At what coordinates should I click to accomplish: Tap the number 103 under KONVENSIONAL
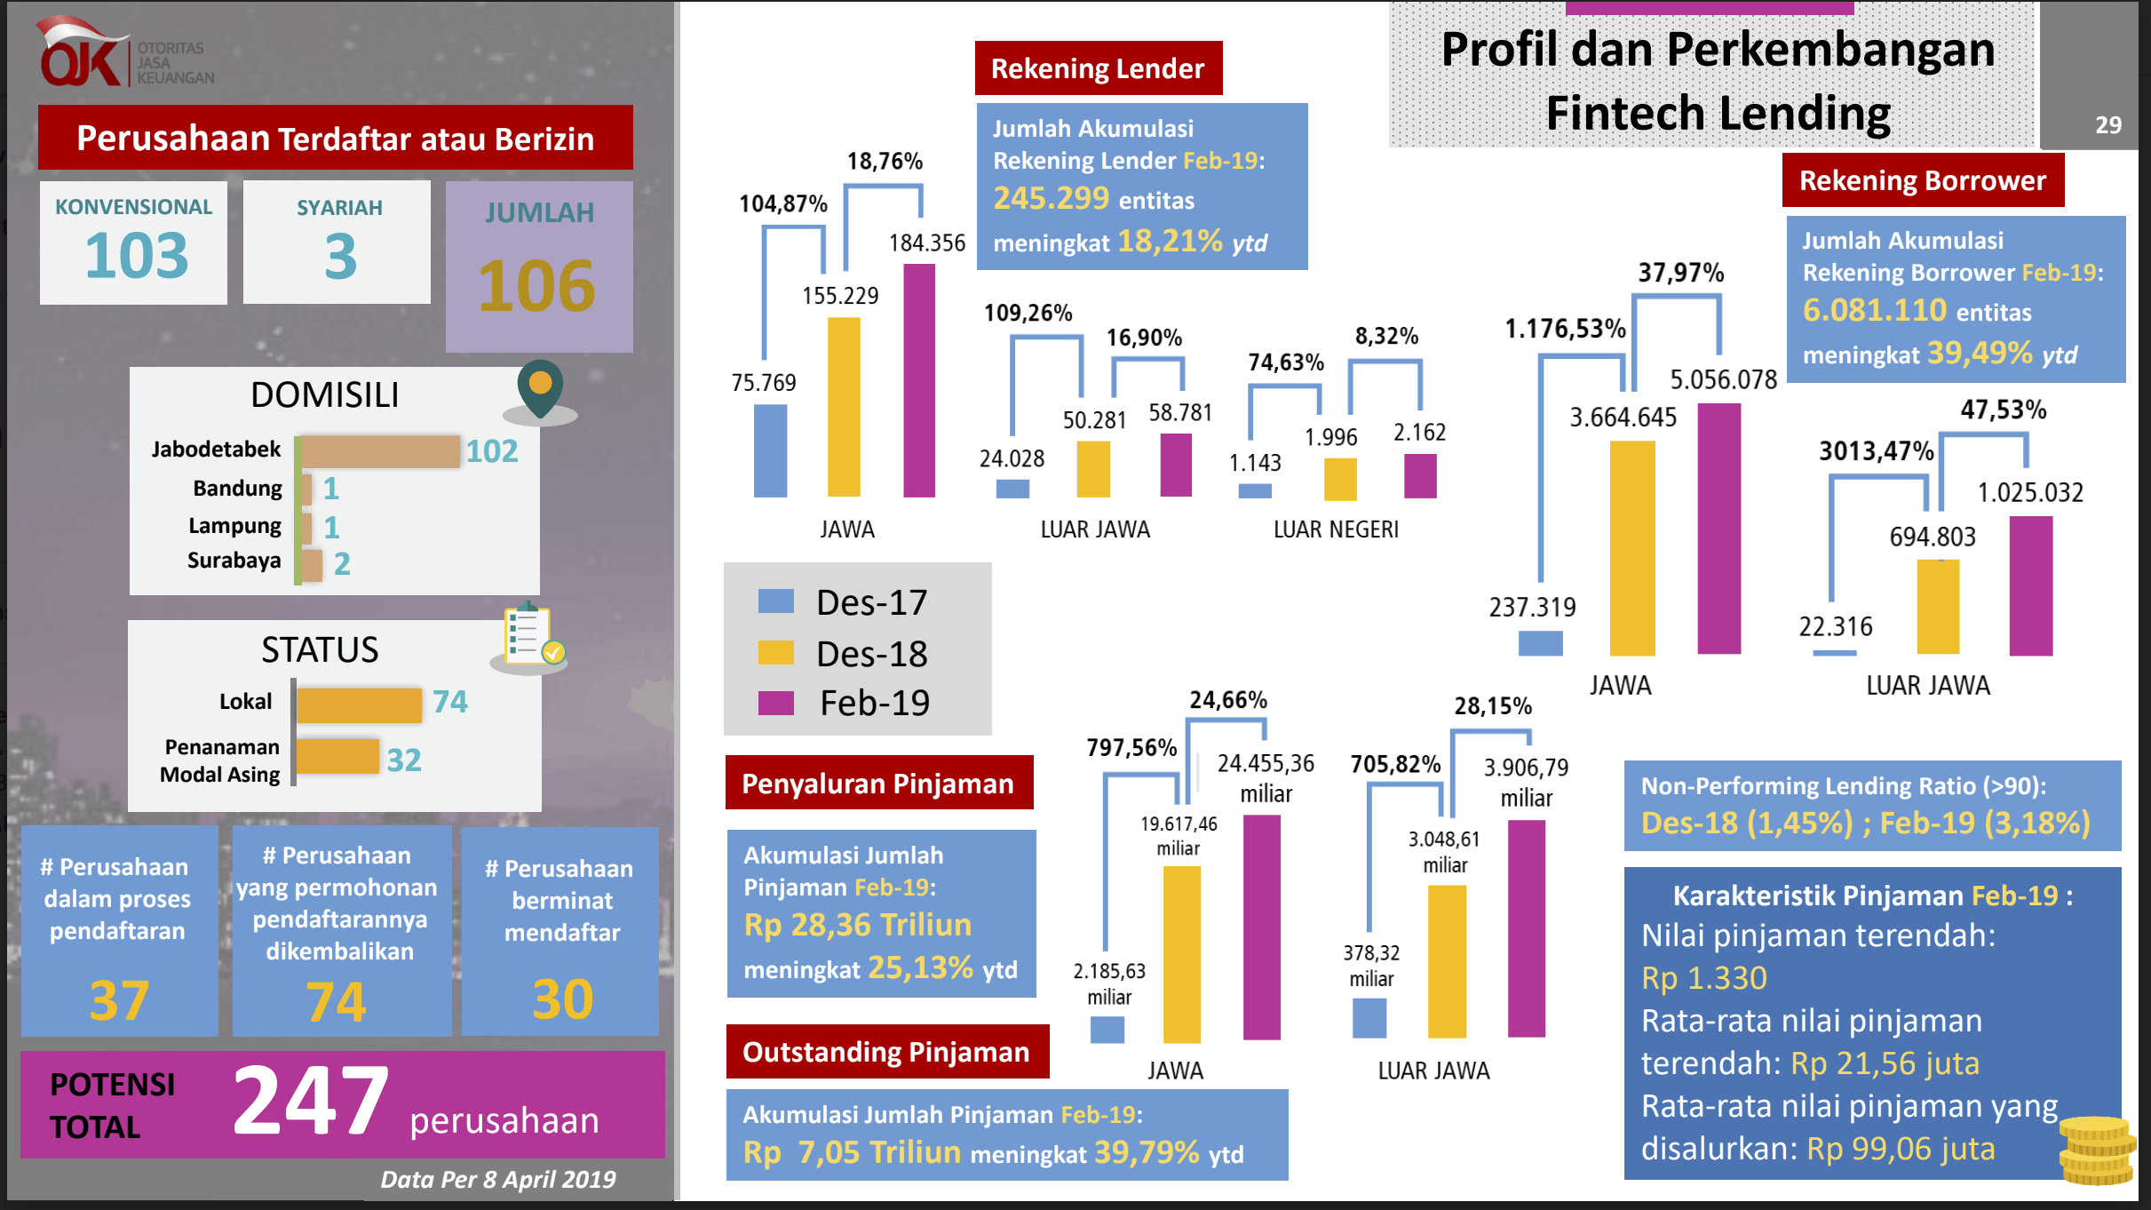[x=136, y=256]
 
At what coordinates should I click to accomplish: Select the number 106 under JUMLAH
[x=537, y=286]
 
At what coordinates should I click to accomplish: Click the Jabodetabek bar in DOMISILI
[x=379, y=451]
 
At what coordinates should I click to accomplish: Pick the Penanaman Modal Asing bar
[x=337, y=757]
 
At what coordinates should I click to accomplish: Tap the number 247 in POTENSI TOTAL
[x=310, y=1102]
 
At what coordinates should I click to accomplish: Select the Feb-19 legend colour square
[x=775, y=703]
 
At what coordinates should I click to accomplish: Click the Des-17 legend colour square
[x=775, y=601]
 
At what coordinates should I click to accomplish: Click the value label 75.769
[x=764, y=383]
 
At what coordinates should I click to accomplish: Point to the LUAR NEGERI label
[x=1336, y=529]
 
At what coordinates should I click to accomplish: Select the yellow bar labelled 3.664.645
[x=1632, y=547]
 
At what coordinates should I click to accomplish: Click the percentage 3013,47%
[x=1876, y=451]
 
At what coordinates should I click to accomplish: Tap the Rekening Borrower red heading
[x=1923, y=180]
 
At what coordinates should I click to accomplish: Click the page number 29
[x=2107, y=125]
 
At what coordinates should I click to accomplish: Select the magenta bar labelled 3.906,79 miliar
[x=1527, y=927]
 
